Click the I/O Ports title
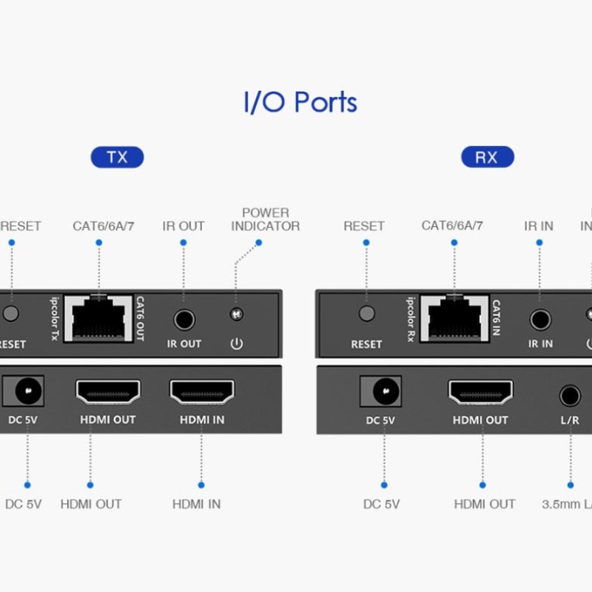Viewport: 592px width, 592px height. click(x=300, y=102)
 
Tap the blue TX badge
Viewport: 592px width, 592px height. click(x=117, y=158)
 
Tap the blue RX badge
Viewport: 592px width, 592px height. click(x=486, y=158)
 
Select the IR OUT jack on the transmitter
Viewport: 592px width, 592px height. click(x=184, y=320)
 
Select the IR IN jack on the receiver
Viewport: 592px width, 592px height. click(x=540, y=320)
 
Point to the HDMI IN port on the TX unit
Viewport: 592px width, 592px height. click(x=202, y=392)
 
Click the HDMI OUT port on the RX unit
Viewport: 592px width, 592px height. click(x=480, y=392)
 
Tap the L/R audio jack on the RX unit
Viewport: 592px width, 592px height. click(x=570, y=395)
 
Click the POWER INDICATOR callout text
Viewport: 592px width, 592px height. click(x=265, y=220)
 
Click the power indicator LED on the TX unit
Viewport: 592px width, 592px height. click(x=237, y=314)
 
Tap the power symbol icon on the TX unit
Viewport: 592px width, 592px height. click(x=237, y=344)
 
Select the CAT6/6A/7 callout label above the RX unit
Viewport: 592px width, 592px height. click(x=452, y=226)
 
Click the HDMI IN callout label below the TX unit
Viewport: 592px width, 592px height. click(x=196, y=504)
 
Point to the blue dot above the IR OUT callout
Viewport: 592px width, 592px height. click(x=183, y=243)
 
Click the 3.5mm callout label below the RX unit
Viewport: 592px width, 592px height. click(x=566, y=504)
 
